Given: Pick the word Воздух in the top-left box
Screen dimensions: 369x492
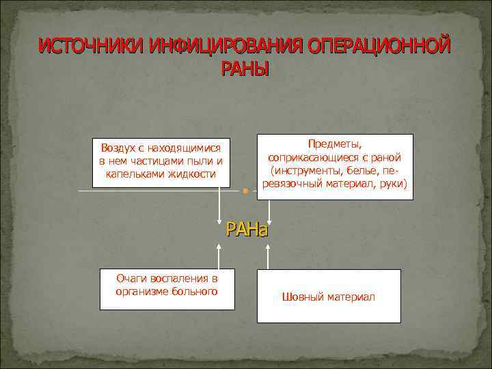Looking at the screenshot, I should point(118,148).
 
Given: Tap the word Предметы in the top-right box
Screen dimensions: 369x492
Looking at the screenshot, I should point(335,144).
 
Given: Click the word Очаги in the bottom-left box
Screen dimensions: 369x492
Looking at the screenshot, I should point(133,279).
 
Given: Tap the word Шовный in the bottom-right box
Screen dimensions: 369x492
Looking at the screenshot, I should point(302,297).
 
